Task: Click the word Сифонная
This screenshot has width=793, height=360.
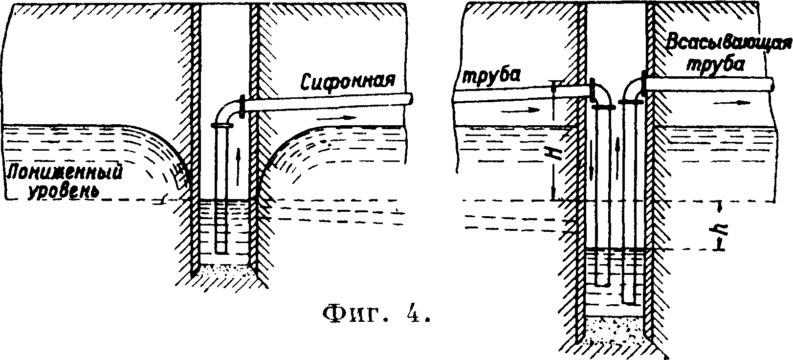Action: (x=348, y=80)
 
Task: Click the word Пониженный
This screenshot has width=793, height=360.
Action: (x=64, y=174)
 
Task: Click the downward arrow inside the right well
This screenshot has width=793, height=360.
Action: (x=593, y=169)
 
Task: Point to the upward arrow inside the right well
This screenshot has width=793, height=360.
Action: (x=619, y=145)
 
